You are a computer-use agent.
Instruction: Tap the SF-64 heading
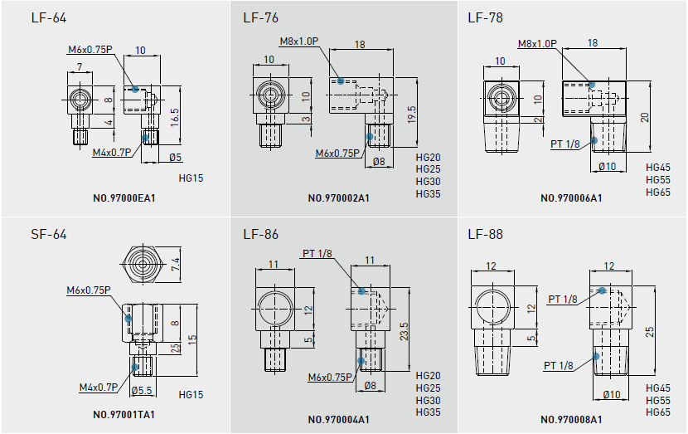click(x=48, y=234)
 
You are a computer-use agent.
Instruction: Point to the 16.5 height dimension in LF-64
click(x=175, y=115)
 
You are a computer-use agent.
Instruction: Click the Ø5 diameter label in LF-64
click(x=175, y=157)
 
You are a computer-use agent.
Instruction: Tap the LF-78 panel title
click(x=485, y=18)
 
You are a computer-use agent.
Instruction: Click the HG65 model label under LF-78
click(x=657, y=192)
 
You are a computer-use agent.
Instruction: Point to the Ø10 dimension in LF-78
click(x=608, y=167)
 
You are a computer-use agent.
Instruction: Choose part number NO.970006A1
click(x=571, y=198)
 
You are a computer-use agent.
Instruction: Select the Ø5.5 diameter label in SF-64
click(x=143, y=391)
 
